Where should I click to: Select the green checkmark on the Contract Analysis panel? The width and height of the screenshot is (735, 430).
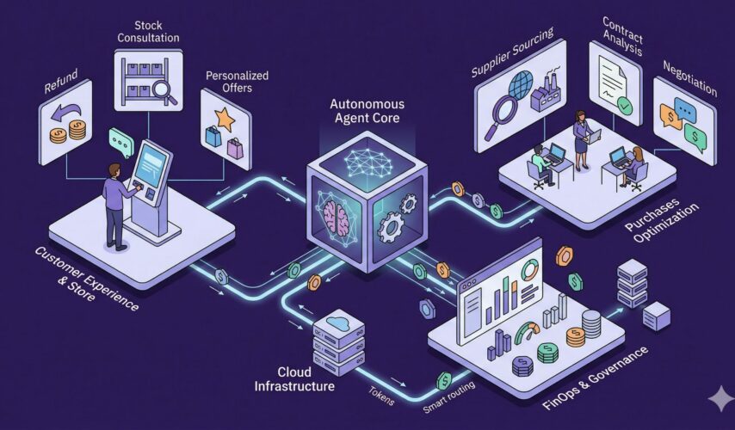tap(626, 106)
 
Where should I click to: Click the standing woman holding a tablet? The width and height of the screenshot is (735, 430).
tap(581, 138)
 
